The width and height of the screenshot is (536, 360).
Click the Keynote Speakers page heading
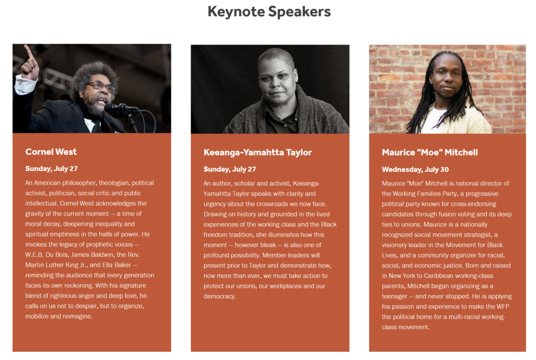[269, 12]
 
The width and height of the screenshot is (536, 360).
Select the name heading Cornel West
[51, 152]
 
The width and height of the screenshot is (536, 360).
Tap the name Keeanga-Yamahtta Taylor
[258, 152]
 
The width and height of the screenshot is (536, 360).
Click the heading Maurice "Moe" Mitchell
[430, 152]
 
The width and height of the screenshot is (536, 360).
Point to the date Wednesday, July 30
[415, 170]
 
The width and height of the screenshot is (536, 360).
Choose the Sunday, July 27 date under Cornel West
[51, 168]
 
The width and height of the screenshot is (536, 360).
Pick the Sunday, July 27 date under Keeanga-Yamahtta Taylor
[230, 170]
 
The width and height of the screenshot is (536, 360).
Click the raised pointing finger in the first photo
[29, 52]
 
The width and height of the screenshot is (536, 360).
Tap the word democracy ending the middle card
[219, 297]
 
